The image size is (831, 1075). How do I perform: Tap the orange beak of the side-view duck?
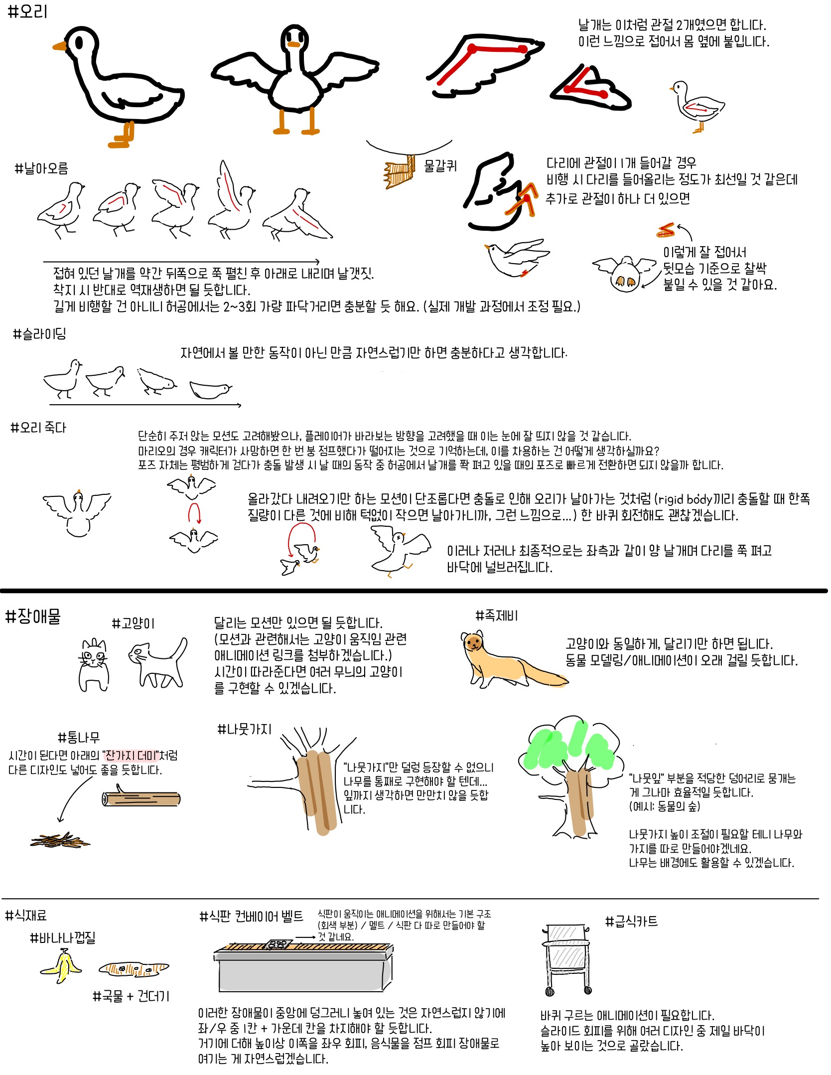coord(59,46)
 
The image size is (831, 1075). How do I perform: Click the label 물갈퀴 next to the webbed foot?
coord(440,166)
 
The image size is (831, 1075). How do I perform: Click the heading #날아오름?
coord(41,168)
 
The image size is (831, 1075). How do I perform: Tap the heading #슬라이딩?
coord(39,334)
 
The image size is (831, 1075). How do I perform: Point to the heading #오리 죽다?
coord(38,428)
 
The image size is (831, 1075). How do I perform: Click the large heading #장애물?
coord(33,616)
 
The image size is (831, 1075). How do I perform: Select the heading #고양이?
coord(133,623)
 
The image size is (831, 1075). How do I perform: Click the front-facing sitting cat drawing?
coord(94,665)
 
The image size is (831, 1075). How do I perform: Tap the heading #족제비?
coord(497,616)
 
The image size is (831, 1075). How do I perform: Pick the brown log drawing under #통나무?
coord(141,799)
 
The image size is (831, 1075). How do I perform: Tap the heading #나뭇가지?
coord(245,730)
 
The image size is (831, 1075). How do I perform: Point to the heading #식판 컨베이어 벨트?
coord(251,916)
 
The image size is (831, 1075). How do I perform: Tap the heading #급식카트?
coord(631,921)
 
